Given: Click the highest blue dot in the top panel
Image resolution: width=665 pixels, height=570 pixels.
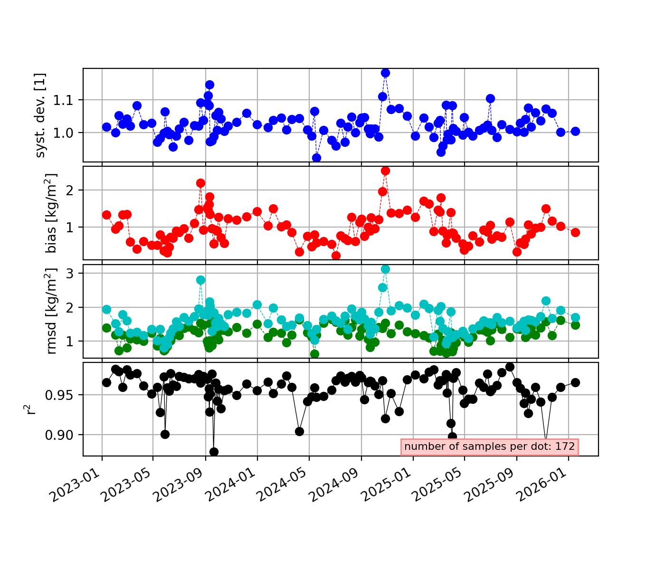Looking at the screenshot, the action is pyautogui.click(x=385, y=73).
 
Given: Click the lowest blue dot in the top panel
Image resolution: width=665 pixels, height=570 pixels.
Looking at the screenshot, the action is pyautogui.click(x=316, y=158).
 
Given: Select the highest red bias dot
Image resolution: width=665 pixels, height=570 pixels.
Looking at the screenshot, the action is pyautogui.click(x=385, y=171).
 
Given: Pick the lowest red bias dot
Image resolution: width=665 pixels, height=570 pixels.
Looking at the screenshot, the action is pyautogui.click(x=336, y=256).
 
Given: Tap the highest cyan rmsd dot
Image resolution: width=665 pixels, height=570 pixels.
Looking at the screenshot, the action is pyautogui.click(x=385, y=269).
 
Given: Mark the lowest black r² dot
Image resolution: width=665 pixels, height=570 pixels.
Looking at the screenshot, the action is pyautogui.click(x=214, y=452).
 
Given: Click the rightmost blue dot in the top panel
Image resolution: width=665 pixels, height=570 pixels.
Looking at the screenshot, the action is pyautogui.click(x=575, y=131).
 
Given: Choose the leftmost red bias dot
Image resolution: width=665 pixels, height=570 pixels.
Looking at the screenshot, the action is pyautogui.click(x=106, y=215).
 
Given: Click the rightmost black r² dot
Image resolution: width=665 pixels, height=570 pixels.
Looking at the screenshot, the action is pyautogui.click(x=575, y=382).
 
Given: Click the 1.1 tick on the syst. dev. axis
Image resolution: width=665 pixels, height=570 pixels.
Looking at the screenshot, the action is pyautogui.click(x=63, y=100).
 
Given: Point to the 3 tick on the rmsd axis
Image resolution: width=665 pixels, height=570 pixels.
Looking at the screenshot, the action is pyautogui.click(x=70, y=274).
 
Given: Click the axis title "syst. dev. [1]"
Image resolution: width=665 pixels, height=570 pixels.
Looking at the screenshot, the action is pyautogui.click(x=40, y=115).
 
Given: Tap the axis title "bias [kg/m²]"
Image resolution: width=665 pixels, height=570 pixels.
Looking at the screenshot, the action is pyautogui.click(x=51, y=213).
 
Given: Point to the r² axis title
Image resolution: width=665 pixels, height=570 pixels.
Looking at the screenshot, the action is pyautogui.click(x=29, y=409).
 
